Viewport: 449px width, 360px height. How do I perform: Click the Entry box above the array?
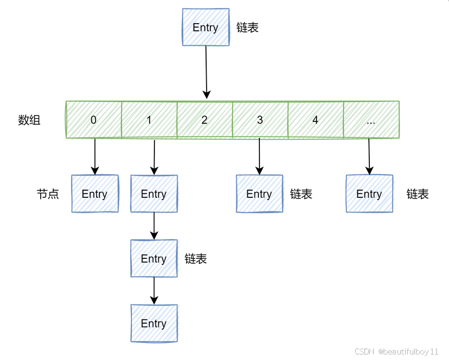coord(206,27)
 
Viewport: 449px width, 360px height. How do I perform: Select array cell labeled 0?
coord(93,120)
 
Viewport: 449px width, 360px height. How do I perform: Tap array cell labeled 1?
coord(149,120)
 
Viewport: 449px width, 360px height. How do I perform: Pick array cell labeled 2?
coord(204,120)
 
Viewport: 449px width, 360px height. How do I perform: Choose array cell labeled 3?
coord(260,120)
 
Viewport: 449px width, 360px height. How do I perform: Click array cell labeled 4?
coord(315,120)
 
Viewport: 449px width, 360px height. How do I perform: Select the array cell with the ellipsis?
coord(371,120)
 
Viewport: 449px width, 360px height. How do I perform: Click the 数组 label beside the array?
coord(29,120)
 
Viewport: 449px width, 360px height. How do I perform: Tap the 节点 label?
coord(48,194)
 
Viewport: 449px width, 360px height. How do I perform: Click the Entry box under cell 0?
coord(95,193)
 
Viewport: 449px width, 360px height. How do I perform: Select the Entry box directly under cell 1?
coord(154,193)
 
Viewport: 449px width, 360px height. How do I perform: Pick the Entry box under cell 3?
coord(259,193)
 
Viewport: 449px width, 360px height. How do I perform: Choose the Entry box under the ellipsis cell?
coord(369,193)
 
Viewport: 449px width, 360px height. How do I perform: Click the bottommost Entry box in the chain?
coord(154,323)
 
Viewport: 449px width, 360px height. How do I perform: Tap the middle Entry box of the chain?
coord(154,258)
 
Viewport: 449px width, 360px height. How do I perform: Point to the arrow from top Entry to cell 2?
coord(206,71)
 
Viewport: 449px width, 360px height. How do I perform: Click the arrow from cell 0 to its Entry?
coord(95,156)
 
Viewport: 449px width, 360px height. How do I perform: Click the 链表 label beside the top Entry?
coord(247,27)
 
